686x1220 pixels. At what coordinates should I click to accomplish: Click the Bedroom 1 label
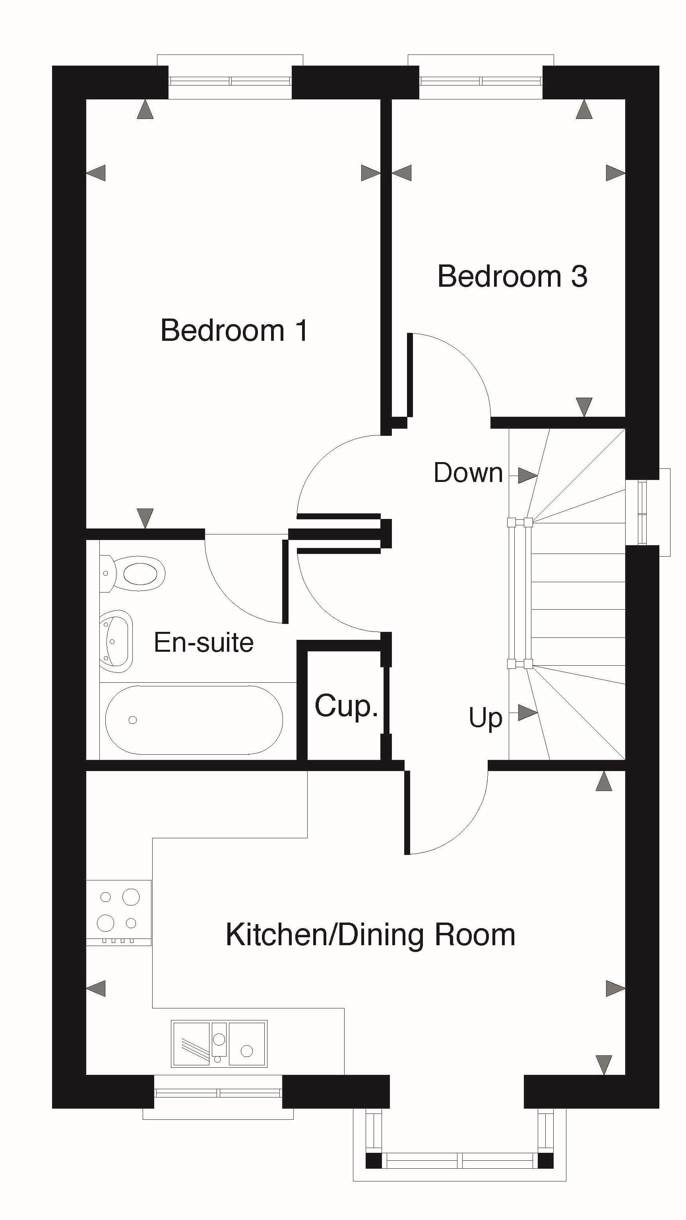coord(234,330)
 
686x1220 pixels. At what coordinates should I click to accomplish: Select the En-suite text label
coord(203,643)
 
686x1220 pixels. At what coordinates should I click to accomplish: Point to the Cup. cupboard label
coord(346,707)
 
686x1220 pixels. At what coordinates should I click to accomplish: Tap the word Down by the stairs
coord(468,473)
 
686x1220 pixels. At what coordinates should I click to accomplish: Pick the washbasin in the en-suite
coord(116,641)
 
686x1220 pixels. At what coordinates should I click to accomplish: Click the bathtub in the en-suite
coord(194,720)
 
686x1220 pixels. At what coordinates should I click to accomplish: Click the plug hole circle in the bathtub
coord(133,720)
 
